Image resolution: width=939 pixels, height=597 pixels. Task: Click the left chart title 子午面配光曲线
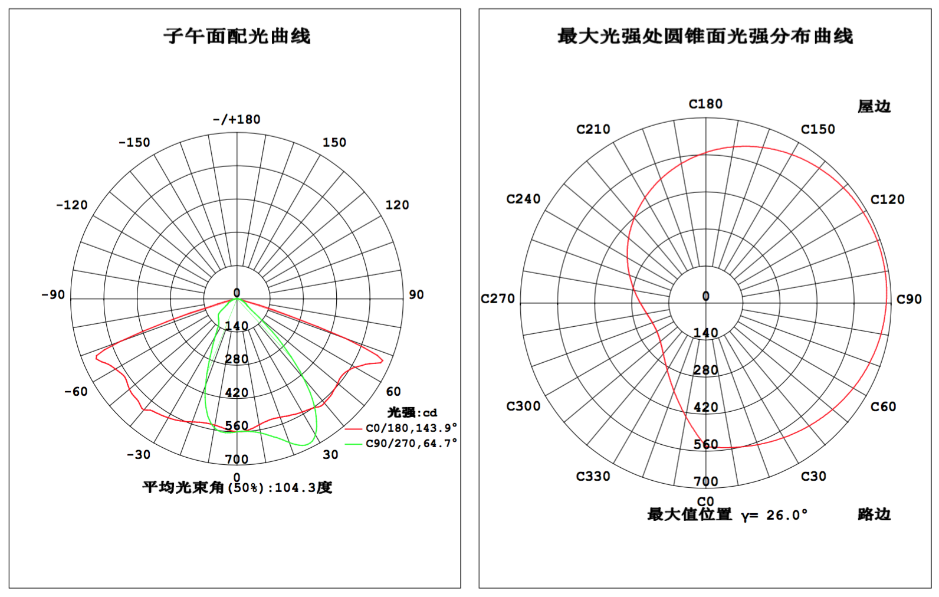tap(237, 36)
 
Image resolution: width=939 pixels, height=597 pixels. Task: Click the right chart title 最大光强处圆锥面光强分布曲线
tap(705, 36)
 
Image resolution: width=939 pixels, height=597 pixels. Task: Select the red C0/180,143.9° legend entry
tap(400, 428)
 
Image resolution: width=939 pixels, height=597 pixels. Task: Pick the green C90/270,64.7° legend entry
tap(400, 443)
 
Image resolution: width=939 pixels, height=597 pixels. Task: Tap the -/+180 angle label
tap(237, 120)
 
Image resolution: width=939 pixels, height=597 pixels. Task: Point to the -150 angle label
tap(134, 143)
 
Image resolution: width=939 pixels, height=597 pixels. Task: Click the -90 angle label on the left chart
tap(53, 295)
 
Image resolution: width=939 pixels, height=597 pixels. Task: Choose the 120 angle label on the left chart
tap(397, 205)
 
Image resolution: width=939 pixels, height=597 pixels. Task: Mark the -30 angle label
tap(139, 454)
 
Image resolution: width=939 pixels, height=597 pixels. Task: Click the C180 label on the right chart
tap(706, 104)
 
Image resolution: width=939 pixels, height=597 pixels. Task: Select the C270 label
tap(498, 298)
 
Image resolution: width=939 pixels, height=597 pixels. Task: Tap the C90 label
tap(909, 299)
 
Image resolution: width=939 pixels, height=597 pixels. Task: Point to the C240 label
tap(524, 199)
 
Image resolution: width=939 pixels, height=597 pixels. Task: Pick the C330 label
tap(593, 476)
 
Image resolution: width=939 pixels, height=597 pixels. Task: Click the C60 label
tap(883, 406)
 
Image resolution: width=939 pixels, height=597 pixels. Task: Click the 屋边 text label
tap(874, 107)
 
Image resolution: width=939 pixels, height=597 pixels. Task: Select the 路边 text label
tap(874, 514)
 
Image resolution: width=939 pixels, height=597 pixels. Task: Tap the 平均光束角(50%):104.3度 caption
tap(237, 488)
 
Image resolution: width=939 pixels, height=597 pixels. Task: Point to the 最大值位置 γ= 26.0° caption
tap(727, 515)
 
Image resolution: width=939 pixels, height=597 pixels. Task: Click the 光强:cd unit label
tap(412, 412)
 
